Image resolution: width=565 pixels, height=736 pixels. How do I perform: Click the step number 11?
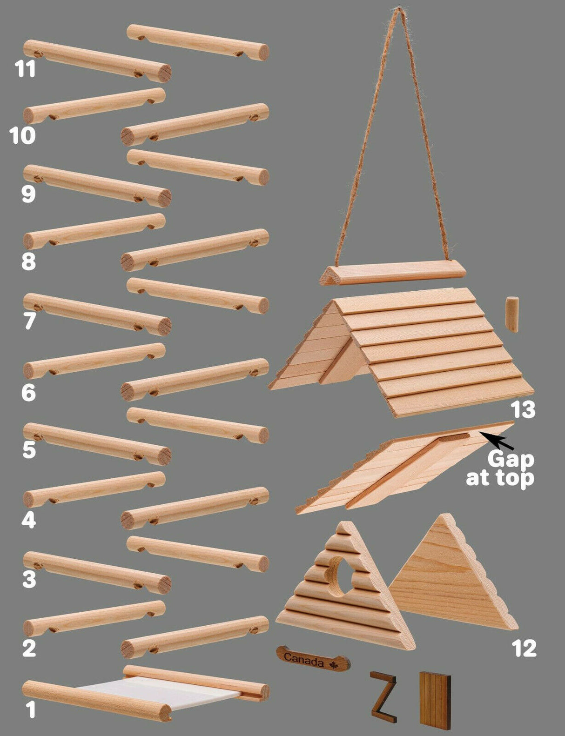click(25, 69)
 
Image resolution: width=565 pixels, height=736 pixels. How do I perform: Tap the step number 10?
click(22, 136)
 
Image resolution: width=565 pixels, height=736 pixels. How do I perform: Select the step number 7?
click(29, 321)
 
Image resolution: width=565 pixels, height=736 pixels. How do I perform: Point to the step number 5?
click(29, 450)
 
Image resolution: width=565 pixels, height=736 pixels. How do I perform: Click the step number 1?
click(30, 710)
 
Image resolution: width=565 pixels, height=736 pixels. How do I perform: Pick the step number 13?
click(523, 410)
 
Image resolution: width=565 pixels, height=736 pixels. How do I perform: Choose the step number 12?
click(524, 648)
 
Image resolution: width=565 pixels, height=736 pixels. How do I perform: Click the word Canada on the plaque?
click(303, 659)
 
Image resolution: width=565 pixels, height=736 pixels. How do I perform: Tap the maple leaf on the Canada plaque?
click(334, 665)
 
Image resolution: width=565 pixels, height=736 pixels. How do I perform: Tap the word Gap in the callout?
click(511, 459)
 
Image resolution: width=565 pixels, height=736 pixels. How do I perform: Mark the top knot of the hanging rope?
click(398, 9)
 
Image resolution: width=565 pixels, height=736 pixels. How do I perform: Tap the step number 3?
click(29, 580)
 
